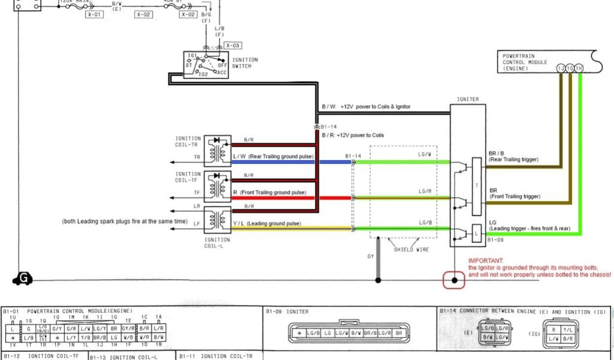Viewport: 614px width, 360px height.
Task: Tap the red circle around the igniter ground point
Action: (x=454, y=280)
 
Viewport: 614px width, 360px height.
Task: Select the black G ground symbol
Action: (x=23, y=279)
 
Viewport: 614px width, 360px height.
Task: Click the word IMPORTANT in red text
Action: (x=486, y=260)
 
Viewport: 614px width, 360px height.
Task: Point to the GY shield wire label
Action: (x=370, y=256)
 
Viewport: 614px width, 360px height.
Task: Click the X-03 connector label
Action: (x=233, y=46)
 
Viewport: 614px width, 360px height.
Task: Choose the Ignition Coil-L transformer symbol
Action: (x=214, y=220)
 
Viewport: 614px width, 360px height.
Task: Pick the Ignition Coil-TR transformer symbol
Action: (x=214, y=151)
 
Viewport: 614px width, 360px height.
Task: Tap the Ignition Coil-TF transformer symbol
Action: (x=214, y=186)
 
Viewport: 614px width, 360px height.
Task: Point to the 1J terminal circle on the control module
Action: (x=561, y=68)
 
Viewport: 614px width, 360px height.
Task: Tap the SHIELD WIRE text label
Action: (x=411, y=250)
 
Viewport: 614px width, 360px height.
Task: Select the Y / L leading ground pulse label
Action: (x=237, y=223)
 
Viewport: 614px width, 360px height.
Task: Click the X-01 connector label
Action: (x=94, y=14)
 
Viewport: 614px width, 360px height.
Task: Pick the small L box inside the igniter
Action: (x=477, y=232)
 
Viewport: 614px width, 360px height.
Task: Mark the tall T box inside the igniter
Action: (x=477, y=186)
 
